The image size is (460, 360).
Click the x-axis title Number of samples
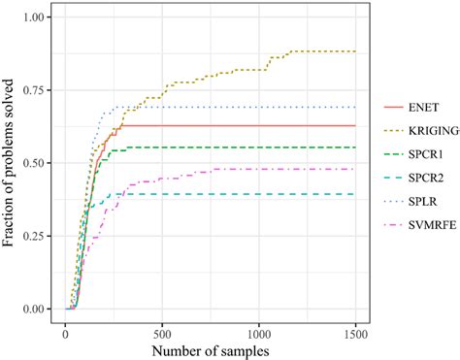(x=211, y=345)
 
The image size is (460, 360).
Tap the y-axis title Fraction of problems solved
(x=11, y=163)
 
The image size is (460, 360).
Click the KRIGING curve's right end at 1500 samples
(x=356, y=51)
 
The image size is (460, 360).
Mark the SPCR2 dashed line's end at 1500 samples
(x=356, y=194)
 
